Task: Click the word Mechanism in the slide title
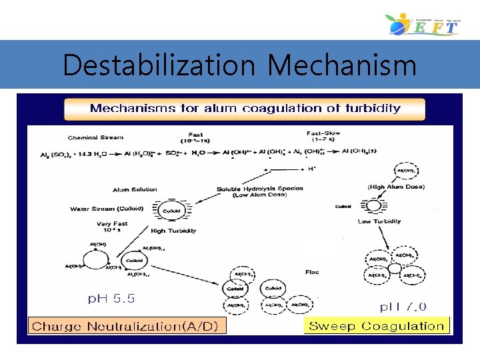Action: point(342,66)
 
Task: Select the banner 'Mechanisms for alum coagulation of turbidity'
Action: point(245,109)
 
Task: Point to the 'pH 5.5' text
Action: point(111,299)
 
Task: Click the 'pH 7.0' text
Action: point(404,307)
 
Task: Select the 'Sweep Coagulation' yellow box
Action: point(377,326)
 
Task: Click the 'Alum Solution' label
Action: point(135,189)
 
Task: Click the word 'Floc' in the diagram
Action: point(312,272)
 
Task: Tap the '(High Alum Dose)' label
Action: point(396,187)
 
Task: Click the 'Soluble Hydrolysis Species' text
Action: point(260,189)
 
